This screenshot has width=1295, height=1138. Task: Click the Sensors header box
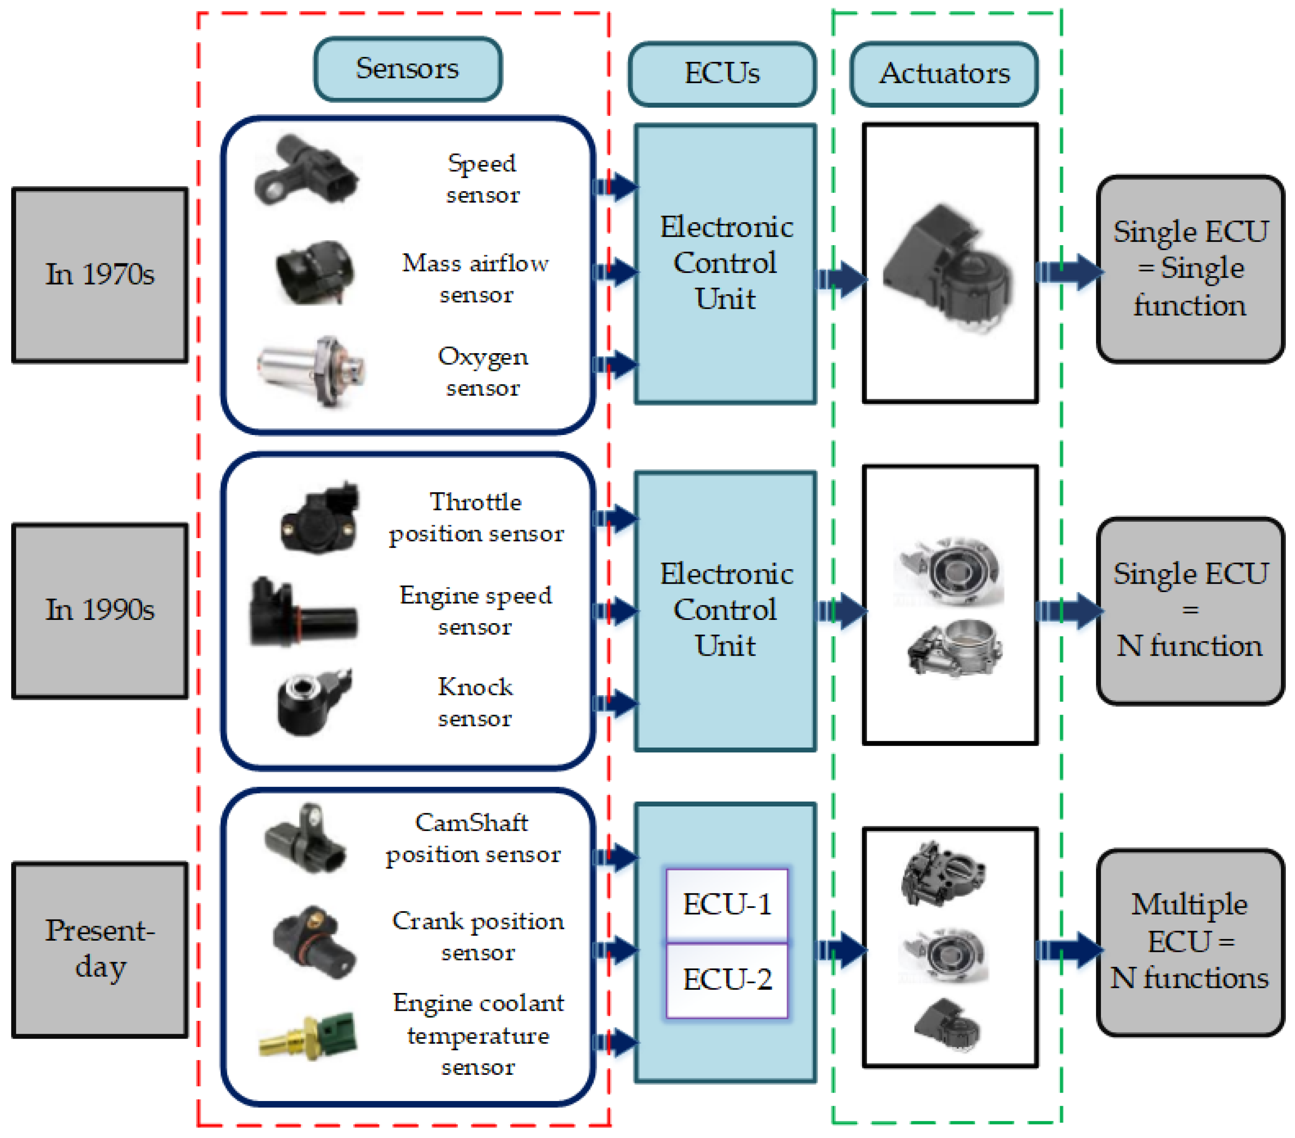(408, 69)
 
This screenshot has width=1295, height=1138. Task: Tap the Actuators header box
(944, 74)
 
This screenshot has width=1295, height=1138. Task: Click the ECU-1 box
(726, 904)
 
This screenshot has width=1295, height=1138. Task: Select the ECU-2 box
(726, 979)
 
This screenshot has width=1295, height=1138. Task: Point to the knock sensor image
(310, 702)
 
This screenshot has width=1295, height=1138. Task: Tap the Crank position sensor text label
(478, 936)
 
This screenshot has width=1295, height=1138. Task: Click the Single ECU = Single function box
(1190, 269)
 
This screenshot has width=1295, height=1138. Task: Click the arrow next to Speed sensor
(614, 186)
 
